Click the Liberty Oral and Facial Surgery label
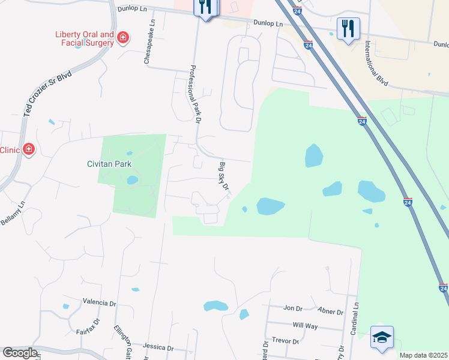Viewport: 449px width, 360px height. (85, 38)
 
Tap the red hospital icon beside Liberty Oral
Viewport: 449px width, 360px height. (123, 38)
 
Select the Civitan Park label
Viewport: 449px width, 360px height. (108, 164)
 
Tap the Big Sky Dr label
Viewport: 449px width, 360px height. (224, 176)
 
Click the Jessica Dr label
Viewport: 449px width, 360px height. (158, 347)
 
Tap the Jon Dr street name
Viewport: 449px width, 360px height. (293, 308)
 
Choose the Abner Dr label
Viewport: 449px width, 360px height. (331, 312)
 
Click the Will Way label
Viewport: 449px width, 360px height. (305, 325)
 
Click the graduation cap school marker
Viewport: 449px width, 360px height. (382, 336)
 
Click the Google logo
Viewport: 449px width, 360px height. (20, 353)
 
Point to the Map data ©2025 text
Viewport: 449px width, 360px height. (423, 355)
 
